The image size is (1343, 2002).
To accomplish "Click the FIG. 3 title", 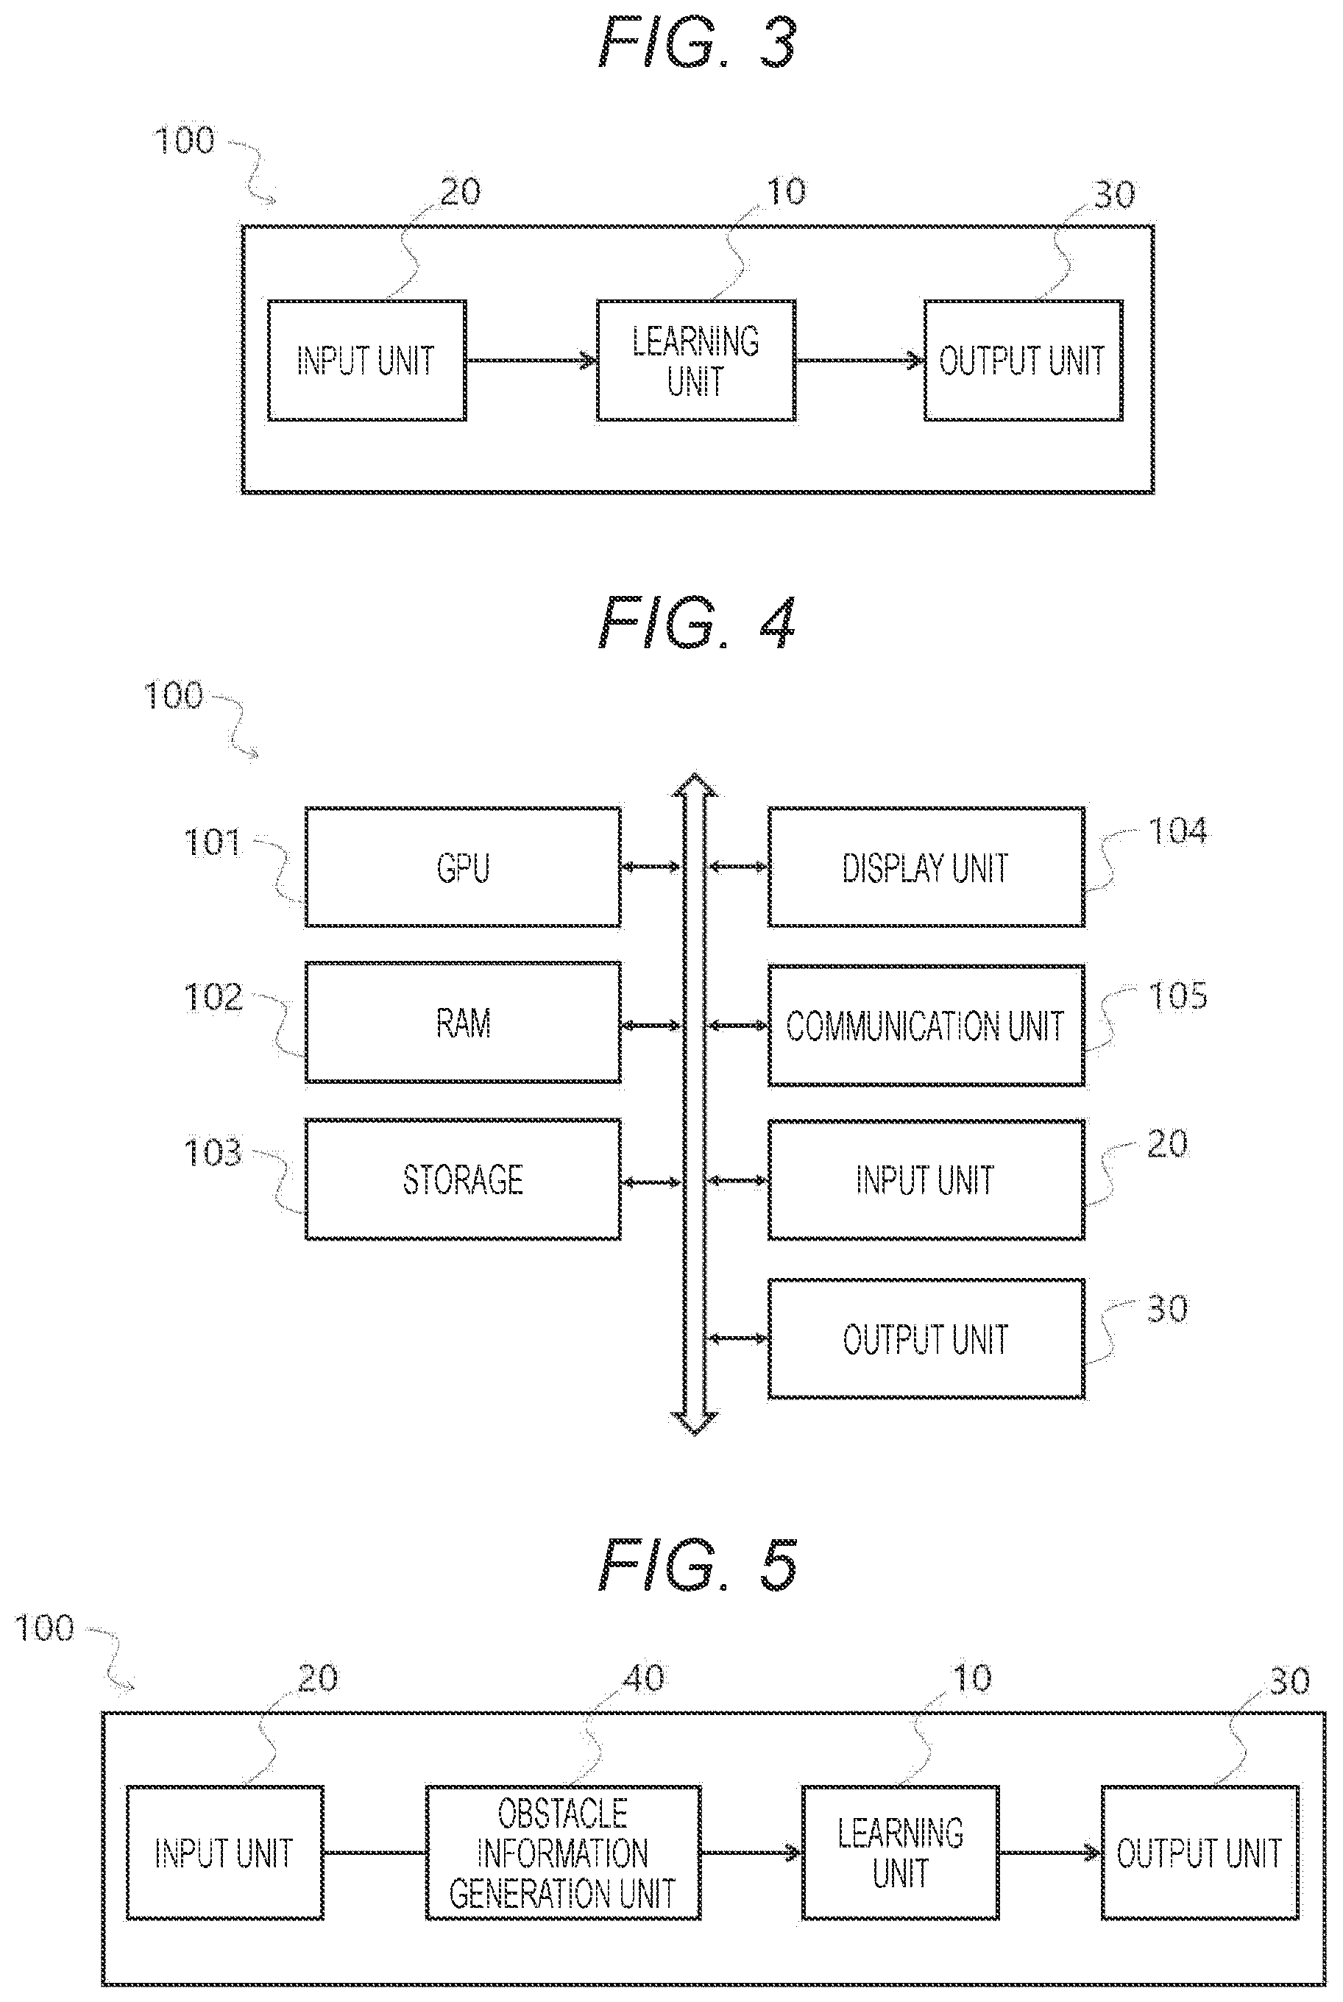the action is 697,43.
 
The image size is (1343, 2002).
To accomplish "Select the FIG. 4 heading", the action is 697,622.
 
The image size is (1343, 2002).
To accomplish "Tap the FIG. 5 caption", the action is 697,1563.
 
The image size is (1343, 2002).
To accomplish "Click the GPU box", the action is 463,867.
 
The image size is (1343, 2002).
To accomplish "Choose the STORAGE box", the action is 463,1179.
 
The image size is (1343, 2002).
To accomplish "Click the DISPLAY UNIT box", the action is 926,867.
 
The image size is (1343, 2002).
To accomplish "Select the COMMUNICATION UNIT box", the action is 926,1025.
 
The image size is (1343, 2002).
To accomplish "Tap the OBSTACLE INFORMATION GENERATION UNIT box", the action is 563,1853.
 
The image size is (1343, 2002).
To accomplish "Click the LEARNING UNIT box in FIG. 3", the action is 695,361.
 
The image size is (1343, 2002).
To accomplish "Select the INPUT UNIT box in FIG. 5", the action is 224,1853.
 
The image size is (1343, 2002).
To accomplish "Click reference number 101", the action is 213,843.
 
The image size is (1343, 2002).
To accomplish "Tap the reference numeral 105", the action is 1177,996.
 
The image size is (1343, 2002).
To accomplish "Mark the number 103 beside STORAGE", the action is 213,1152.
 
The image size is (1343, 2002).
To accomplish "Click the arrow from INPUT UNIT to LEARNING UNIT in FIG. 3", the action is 531,361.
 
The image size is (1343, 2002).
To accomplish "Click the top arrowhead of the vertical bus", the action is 695,785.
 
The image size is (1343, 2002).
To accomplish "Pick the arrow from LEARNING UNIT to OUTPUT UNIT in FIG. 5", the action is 1050,1853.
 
